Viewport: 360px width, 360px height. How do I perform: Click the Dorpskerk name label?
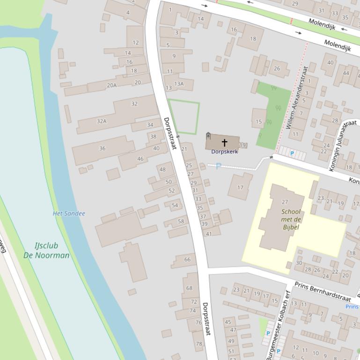click(x=224, y=151)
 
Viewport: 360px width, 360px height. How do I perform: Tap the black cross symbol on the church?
click(x=224, y=142)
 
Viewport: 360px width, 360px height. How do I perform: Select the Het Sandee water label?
click(x=69, y=214)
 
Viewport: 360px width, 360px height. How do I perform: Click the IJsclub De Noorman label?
click(x=46, y=251)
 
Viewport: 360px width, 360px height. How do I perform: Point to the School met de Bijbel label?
click(x=291, y=219)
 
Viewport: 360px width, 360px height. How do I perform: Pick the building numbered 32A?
click(x=102, y=121)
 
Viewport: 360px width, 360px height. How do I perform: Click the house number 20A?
click(x=111, y=85)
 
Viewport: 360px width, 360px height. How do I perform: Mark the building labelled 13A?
click(x=179, y=84)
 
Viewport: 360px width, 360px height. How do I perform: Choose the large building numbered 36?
click(x=102, y=149)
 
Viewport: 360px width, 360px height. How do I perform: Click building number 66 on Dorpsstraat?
click(x=187, y=259)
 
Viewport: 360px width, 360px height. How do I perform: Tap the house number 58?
click(x=181, y=221)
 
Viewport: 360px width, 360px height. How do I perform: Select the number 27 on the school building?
click(x=285, y=202)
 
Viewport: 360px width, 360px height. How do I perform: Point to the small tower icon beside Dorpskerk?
click(x=208, y=136)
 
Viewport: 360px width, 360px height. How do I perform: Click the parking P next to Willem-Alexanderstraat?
click(x=292, y=153)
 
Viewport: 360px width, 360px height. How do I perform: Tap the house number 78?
click(x=199, y=344)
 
